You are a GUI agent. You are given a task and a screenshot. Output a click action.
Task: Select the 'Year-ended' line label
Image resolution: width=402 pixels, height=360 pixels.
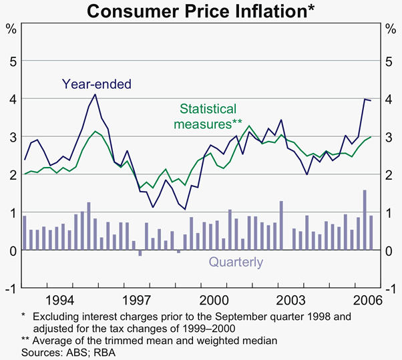pyautogui.click(x=97, y=84)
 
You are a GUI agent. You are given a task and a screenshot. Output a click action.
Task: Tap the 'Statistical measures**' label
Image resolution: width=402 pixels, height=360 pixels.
pyautogui.click(x=208, y=116)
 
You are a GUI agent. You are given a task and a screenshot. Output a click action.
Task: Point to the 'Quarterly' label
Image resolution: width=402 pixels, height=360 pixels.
pyautogui.click(x=236, y=262)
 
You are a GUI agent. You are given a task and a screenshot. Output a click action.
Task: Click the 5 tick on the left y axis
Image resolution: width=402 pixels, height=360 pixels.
pyautogui.click(x=11, y=61)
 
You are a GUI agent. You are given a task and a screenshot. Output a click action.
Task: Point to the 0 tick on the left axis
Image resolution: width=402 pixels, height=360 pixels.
pyautogui.click(x=11, y=250)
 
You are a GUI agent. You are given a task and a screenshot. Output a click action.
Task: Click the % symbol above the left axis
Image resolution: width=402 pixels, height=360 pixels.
pyautogui.click(x=11, y=28)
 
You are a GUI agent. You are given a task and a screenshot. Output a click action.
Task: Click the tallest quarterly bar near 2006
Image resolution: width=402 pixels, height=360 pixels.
pyautogui.click(x=365, y=220)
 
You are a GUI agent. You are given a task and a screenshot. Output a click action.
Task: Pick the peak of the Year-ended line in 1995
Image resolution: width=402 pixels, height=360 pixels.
pyautogui.click(x=95, y=94)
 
